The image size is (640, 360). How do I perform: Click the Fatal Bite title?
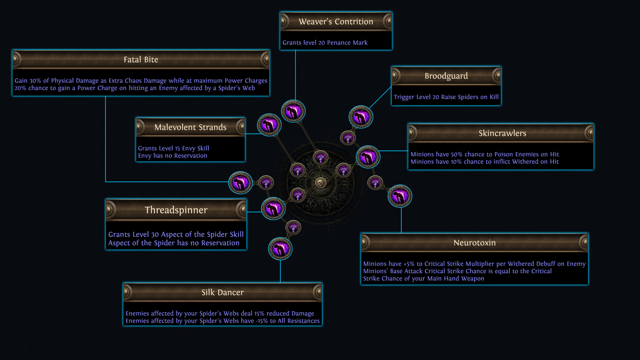[141, 60]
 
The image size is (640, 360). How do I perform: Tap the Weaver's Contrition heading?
[336, 22]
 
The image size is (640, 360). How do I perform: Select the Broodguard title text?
[446, 76]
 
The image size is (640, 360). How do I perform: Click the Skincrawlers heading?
[502, 133]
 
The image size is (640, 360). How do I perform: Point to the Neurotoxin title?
[474, 243]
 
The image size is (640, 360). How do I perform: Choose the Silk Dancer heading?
[222, 292]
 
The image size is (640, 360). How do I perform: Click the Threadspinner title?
[176, 210]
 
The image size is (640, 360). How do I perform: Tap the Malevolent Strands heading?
[190, 127]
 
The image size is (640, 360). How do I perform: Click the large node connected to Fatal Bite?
[240, 183]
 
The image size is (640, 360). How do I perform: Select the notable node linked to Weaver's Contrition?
[293, 111]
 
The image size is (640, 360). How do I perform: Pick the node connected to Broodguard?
[361, 117]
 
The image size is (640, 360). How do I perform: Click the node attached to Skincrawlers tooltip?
[368, 157]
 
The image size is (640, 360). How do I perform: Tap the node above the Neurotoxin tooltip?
[400, 196]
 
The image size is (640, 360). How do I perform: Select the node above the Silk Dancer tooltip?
[280, 249]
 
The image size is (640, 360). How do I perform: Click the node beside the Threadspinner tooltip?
[273, 209]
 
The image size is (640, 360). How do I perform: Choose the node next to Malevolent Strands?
[269, 125]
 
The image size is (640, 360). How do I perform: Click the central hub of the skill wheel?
[321, 183]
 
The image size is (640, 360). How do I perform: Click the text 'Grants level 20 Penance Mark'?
[325, 43]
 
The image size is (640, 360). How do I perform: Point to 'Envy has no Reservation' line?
[173, 156]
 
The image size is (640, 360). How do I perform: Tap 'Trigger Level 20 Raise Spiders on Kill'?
[446, 97]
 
